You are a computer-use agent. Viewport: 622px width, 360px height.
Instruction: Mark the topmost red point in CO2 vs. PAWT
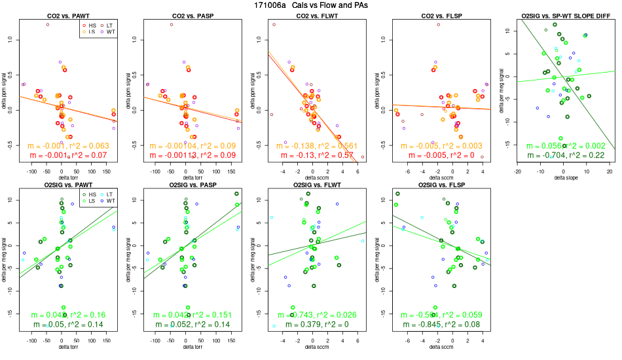[x=48, y=24]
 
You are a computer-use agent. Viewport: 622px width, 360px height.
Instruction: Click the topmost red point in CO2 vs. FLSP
[x=438, y=24]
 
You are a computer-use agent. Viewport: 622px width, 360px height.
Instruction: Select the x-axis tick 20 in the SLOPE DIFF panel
[x=609, y=172]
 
